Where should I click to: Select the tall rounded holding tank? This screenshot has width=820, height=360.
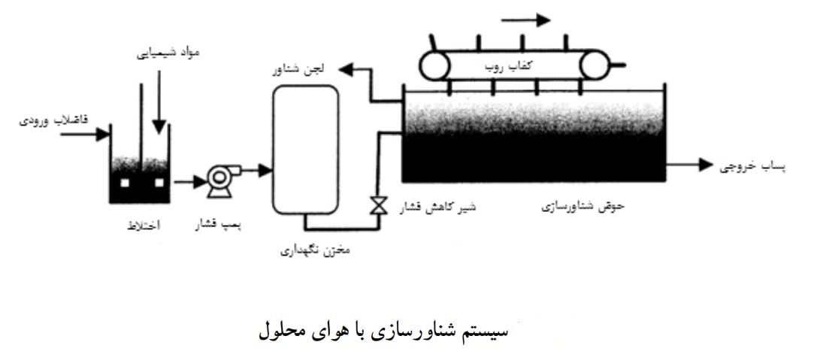pos(305,150)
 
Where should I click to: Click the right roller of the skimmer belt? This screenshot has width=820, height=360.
pos(595,65)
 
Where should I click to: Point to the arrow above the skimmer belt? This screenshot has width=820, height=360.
pos(525,20)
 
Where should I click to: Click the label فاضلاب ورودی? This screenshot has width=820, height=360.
pos(53,120)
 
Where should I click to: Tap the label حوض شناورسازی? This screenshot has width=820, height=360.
pos(583,206)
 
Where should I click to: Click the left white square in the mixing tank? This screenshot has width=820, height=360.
pos(125,183)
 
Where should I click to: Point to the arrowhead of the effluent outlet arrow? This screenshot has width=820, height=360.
pos(706,165)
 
